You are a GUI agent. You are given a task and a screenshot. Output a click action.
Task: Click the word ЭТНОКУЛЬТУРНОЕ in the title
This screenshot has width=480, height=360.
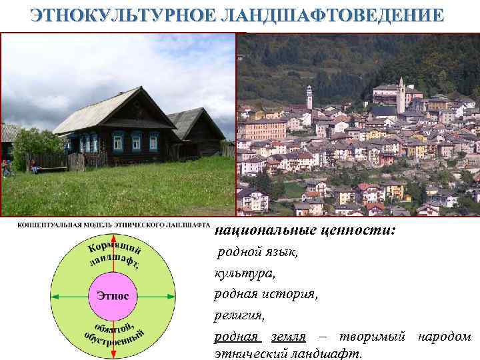pos(121,15)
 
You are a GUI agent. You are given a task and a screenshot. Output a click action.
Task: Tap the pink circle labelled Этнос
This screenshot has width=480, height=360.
pos(113,295)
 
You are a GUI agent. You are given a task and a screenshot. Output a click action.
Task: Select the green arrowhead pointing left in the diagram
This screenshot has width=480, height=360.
pos(55,295)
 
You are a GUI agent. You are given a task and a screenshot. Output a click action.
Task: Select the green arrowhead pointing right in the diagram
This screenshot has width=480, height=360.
pos(171,295)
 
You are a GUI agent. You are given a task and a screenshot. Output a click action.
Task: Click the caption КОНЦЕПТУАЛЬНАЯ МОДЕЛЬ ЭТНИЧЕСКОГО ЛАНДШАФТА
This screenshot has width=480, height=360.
pos(113,225)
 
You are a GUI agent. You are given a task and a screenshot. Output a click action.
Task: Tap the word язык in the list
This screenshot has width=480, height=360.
pos(283,253)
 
